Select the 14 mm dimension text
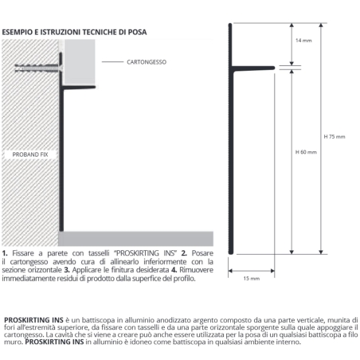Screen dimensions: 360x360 coord(303,39)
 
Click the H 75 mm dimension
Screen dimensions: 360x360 coord(335,136)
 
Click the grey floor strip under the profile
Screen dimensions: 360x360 coord(135,237)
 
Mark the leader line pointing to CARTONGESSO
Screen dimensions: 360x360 coord(112,61)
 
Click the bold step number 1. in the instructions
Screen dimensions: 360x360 coord(5,252)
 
